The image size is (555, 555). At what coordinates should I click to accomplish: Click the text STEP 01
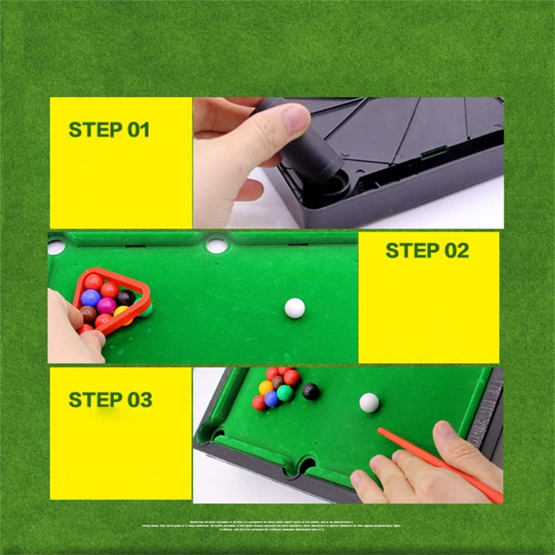click(109, 130)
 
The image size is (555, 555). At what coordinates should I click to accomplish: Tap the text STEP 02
click(427, 251)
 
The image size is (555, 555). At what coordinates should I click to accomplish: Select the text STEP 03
click(110, 400)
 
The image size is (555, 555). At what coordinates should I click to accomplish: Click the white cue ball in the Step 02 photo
click(294, 308)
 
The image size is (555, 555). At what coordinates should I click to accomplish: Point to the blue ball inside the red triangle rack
click(91, 298)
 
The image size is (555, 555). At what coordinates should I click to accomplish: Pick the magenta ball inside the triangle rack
click(107, 305)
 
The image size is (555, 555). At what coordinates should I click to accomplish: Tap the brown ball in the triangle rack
click(88, 314)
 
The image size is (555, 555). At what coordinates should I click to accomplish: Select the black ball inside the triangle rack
click(125, 298)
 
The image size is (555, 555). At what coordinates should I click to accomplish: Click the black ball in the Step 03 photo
click(311, 391)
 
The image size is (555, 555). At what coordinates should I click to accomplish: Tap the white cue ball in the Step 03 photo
click(369, 402)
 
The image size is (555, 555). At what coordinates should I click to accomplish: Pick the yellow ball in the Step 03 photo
click(266, 388)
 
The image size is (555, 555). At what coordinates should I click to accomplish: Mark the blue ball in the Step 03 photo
click(272, 399)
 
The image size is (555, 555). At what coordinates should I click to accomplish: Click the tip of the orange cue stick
click(379, 430)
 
